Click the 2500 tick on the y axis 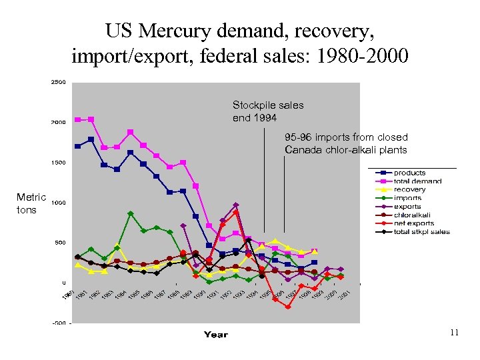[x=58, y=83]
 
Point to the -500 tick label [x=59, y=323]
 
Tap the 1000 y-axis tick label [x=58, y=203]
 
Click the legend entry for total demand [x=417, y=181]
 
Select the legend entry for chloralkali [x=411, y=215]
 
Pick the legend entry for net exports [x=413, y=223]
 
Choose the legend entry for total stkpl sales [x=421, y=232]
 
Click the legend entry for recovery [x=409, y=189]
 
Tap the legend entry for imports [x=407, y=198]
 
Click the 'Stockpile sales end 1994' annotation [x=267, y=111]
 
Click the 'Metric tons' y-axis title [x=31, y=203]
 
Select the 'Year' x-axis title [x=215, y=335]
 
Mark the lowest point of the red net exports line [x=288, y=307]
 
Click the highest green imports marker [x=131, y=214]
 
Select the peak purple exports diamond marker [x=236, y=205]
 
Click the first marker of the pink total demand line [x=78, y=120]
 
